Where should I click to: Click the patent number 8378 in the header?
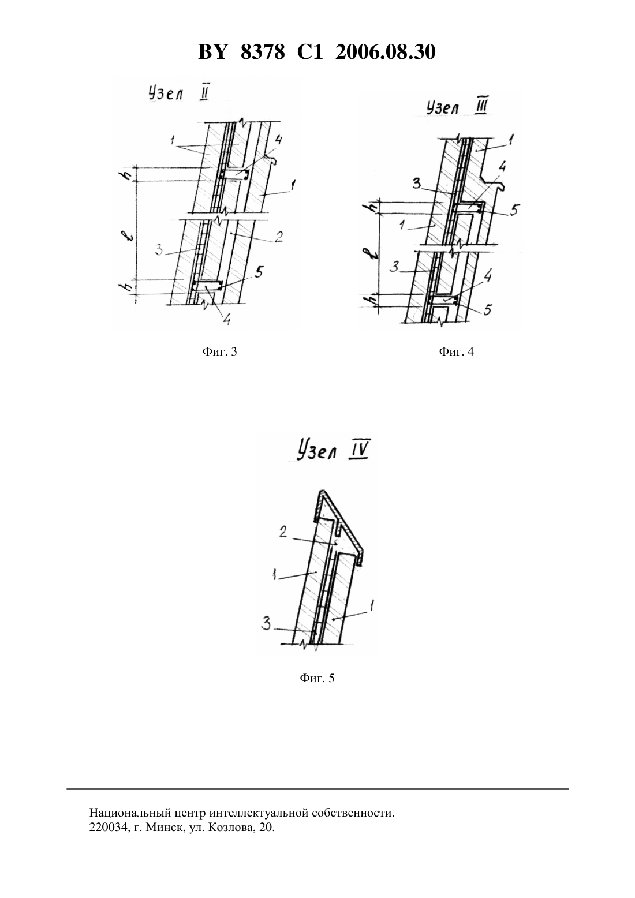263,52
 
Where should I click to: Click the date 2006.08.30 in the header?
385,52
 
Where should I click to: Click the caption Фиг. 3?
220,351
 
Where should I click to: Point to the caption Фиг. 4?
456,351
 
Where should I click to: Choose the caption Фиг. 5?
317,678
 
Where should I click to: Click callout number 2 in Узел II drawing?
278,237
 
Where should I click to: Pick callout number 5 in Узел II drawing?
259,272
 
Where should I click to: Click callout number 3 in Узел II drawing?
159,250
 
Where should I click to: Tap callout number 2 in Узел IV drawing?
283,532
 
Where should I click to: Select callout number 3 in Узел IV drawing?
266,624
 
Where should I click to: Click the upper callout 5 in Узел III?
514,209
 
